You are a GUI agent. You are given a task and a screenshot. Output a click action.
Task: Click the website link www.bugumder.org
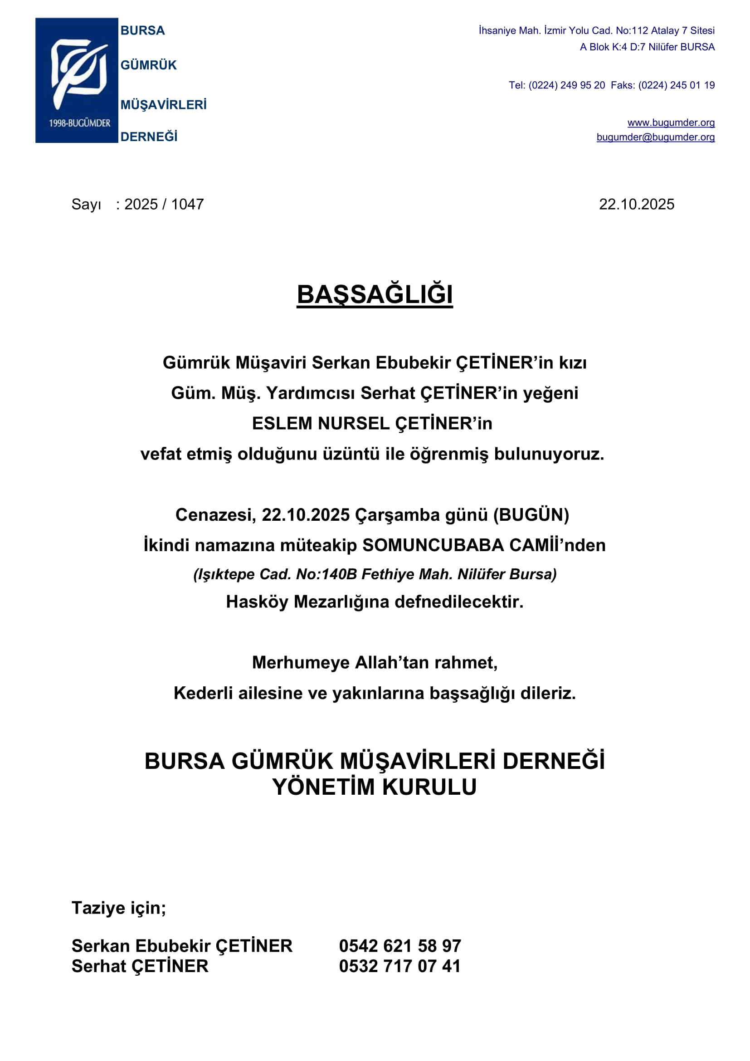tap(671, 122)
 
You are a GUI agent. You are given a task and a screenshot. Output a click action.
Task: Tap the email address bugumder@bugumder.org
tap(655, 137)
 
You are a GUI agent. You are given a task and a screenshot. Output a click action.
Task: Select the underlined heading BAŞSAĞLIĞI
tap(375, 294)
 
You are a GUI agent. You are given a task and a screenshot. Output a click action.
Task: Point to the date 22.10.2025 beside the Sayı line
tap(636, 204)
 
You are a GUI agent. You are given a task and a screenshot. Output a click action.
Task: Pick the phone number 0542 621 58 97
tap(400, 946)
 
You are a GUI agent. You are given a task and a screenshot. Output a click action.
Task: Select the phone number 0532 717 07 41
tap(400, 966)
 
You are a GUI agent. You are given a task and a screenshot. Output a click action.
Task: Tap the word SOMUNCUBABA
tap(433, 545)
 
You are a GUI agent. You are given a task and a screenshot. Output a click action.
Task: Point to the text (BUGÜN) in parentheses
tap(531, 515)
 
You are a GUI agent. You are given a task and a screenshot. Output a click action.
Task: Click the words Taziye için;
tap(119, 908)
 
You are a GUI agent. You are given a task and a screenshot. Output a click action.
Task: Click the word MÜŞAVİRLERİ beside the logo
tap(164, 105)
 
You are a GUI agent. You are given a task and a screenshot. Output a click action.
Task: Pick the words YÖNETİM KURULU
tap(375, 787)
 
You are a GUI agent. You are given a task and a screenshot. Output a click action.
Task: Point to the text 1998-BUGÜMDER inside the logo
tap(79, 123)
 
